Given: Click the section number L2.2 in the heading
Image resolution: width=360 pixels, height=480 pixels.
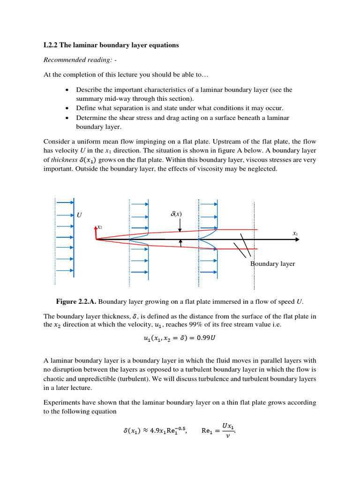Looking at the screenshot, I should point(50,45).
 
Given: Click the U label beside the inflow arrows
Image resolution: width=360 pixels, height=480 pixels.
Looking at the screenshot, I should point(79,215).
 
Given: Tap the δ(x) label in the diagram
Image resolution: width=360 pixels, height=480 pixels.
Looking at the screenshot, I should point(176,214).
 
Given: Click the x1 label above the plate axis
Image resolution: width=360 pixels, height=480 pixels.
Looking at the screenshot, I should point(295,233).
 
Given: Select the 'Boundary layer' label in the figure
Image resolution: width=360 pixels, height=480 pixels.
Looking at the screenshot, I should point(273,264).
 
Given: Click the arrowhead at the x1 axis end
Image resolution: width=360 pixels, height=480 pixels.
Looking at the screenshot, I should point(297,240).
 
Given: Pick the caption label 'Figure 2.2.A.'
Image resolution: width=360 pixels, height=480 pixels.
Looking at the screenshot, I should point(76,300).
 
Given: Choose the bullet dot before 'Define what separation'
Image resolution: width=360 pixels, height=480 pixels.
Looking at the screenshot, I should point(68,107).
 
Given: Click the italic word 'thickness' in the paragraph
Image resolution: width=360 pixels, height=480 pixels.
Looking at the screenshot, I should point(61,160).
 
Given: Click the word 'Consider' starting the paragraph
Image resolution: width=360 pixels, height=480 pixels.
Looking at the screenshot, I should point(56,141).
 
